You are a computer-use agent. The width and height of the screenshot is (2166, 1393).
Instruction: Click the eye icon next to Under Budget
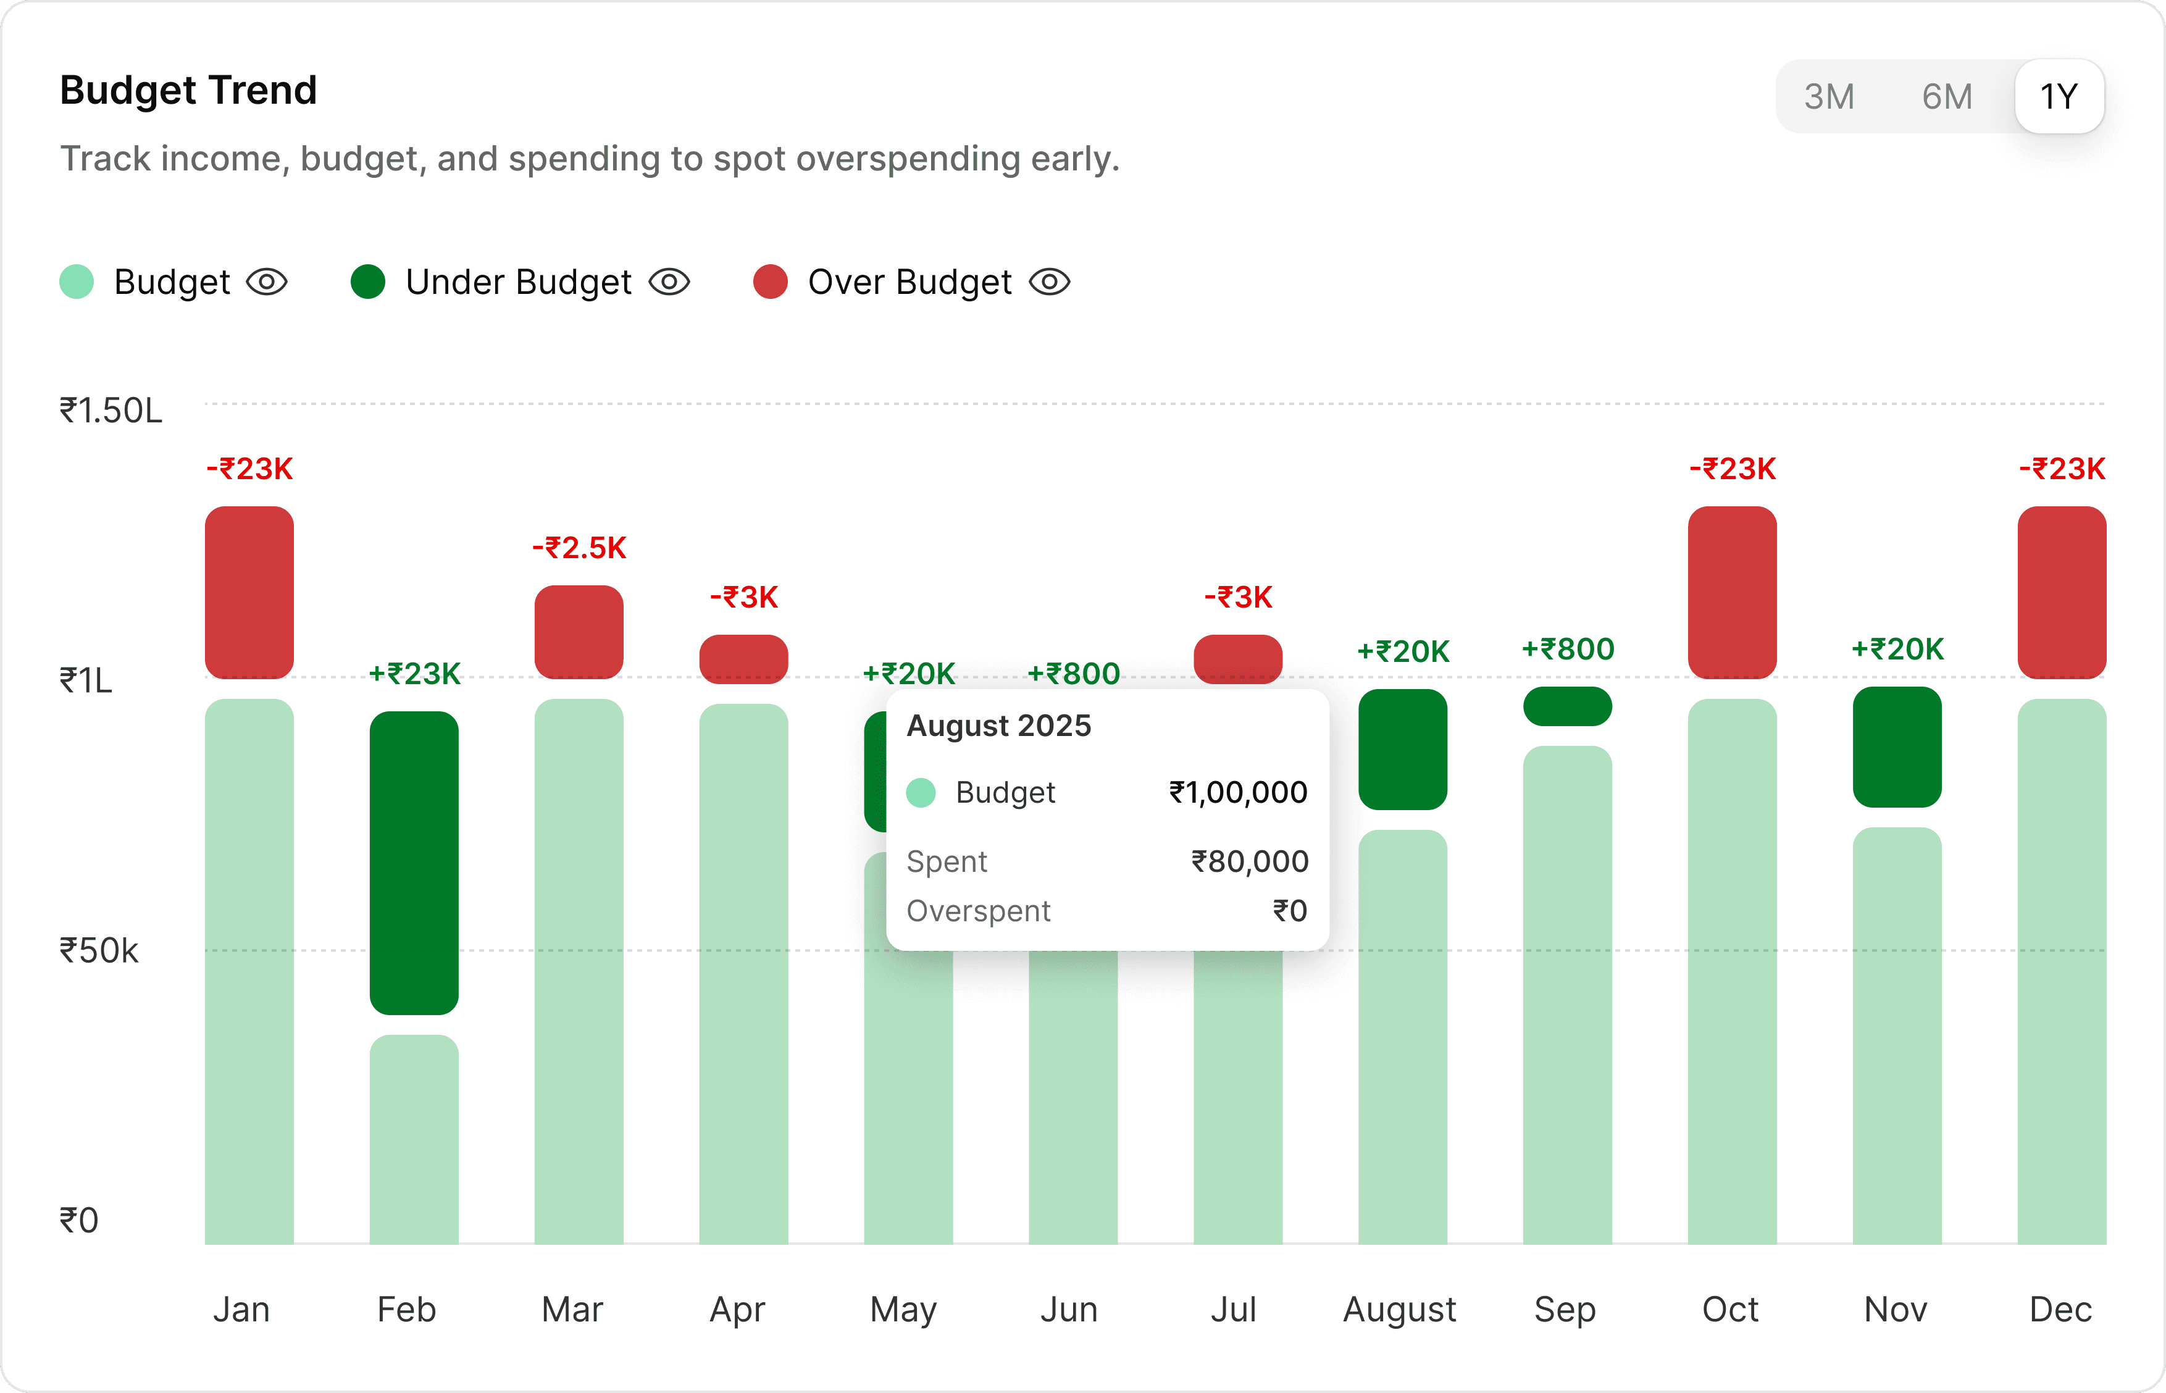click(x=669, y=282)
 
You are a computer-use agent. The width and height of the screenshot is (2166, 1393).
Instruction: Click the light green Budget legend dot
click(x=77, y=282)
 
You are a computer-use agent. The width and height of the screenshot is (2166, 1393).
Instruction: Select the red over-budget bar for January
click(x=249, y=593)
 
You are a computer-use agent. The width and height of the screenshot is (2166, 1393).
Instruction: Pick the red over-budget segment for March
click(x=579, y=632)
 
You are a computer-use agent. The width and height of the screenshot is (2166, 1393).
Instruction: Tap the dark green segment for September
click(x=1567, y=706)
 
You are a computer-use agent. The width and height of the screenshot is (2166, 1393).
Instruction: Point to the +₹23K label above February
click(x=414, y=674)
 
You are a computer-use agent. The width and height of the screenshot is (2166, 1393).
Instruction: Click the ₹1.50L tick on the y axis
click(x=111, y=411)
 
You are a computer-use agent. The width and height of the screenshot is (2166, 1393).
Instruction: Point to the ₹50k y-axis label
click(x=99, y=951)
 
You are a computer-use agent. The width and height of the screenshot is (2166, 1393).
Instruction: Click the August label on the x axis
click(x=1399, y=1309)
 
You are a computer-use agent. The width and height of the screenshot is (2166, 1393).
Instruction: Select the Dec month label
click(x=2060, y=1309)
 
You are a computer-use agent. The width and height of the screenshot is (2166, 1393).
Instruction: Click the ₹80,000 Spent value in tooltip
click(x=1249, y=861)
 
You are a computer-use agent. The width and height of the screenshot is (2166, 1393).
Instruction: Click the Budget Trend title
click(x=188, y=90)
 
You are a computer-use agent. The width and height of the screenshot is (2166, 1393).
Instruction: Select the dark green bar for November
click(x=1897, y=747)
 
